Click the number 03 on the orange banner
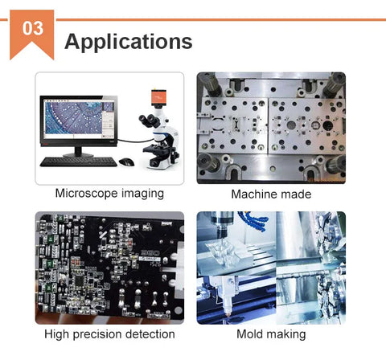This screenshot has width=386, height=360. pos(33,28)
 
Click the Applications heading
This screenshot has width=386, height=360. pos(129,42)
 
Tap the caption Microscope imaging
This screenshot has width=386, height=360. pos(109,194)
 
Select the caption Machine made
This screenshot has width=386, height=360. pos(271,194)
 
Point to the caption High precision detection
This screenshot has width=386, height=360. pos(109,334)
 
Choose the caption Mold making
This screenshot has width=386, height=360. pos(271,334)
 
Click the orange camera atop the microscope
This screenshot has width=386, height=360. pos(158,97)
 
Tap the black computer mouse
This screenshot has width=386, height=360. pos(126,162)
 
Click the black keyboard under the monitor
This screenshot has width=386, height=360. pos(78,162)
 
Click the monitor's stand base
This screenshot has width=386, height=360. pos(78,154)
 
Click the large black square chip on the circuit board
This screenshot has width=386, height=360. pos(80,280)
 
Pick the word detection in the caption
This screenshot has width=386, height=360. pos(150,333)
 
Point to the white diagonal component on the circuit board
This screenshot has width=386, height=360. pos(103,235)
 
